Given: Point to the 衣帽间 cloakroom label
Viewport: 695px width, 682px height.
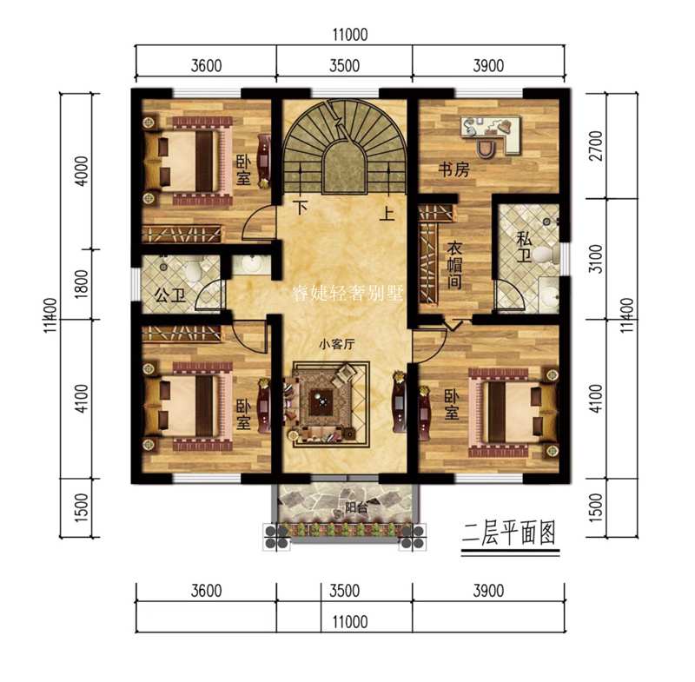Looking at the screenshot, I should pyautogui.click(x=454, y=264).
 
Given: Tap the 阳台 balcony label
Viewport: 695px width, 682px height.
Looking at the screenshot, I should pyautogui.click(x=354, y=507).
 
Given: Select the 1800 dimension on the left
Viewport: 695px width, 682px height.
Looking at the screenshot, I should pyautogui.click(x=77, y=285).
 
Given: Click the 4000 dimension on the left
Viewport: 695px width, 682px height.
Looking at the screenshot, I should pyautogui.click(x=77, y=169).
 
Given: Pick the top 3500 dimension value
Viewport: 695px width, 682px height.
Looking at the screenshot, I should pyautogui.click(x=343, y=65).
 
